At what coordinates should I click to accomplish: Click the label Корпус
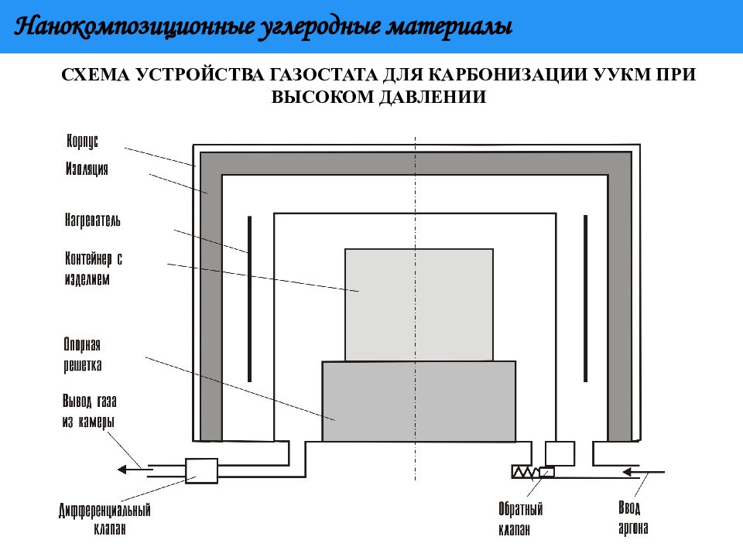(x=83, y=141)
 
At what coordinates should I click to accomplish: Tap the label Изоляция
(x=87, y=169)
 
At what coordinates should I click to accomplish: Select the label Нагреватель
(x=92, y=220)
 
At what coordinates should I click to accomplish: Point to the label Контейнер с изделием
(x=94, y=268)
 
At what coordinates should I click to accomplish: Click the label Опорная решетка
(x=83, y=355)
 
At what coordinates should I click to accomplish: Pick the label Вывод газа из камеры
(x=89, y=411)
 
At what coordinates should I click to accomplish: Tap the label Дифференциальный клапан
(x=104, y=519)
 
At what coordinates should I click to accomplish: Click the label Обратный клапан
(x=520, y=518)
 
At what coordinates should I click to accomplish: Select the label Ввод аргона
(x=633, y=518)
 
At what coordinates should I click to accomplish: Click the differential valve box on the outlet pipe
(x=201, y=470)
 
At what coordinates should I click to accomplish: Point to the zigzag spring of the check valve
(x=526, y=472)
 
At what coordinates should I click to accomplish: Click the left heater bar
(x=250, y=299)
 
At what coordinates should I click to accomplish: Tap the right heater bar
(x=586, y=299)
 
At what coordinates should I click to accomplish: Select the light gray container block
(x=419, y=305)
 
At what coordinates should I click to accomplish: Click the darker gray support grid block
(x=419, y=402)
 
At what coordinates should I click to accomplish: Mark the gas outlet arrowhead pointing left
(x=122, y=470)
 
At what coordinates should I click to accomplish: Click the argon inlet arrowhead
(x=628, y=472)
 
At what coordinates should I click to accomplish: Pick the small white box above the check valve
(x=560, y=453)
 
